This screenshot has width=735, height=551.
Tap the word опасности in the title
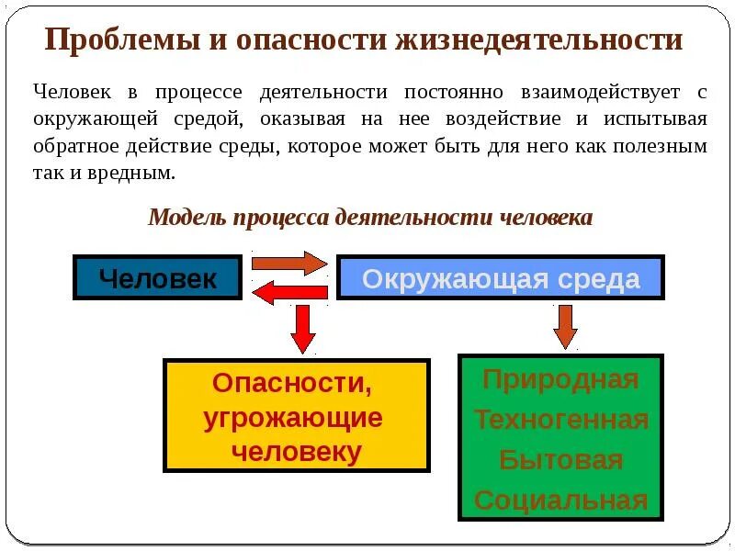click(296, 41)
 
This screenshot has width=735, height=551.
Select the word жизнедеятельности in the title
click(539, 41)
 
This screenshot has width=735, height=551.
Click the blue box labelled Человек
click(157, 277)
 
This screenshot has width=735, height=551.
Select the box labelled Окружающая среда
click(501, 278)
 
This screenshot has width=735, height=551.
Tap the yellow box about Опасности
click(296, 416)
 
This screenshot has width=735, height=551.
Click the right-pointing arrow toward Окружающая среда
click(288, 263)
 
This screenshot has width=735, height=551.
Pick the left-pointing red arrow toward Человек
click(288, 293)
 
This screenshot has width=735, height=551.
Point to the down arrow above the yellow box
click(303, 328)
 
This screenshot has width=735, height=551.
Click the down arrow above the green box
click(565, 326)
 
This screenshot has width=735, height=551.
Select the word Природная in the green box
click(560, 379)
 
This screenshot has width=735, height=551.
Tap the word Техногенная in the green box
click(560, 420)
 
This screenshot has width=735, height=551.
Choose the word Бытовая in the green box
click(560, 460)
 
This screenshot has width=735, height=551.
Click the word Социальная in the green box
click(560, 500)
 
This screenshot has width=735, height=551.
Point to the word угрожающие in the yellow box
click(293, 418)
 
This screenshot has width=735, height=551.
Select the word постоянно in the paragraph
click(431, 92)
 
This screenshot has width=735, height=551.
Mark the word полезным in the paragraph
click(661, 146)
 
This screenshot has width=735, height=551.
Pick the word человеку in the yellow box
click(296, 452)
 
